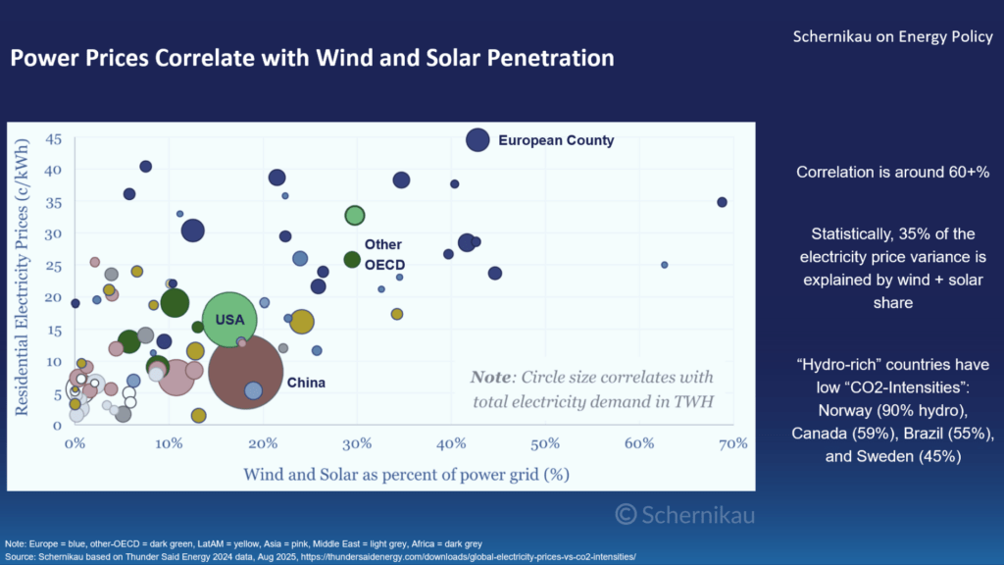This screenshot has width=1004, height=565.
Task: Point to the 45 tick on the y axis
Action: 53,140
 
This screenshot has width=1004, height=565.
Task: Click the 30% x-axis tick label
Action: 357,444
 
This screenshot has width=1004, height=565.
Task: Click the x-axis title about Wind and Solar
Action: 406,474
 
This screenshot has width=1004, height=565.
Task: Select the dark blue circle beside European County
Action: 477,140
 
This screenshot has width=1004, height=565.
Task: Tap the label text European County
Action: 556,140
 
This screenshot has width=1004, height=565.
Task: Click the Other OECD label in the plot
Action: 384,255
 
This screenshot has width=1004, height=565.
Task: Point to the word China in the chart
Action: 306,383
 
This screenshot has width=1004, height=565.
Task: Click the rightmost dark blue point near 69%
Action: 723,202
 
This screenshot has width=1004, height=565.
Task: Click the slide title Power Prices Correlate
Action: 312,59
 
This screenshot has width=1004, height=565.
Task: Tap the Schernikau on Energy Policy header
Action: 892,37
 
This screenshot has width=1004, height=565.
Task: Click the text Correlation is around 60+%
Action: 892,172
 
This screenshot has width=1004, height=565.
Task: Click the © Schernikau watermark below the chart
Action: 685,514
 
